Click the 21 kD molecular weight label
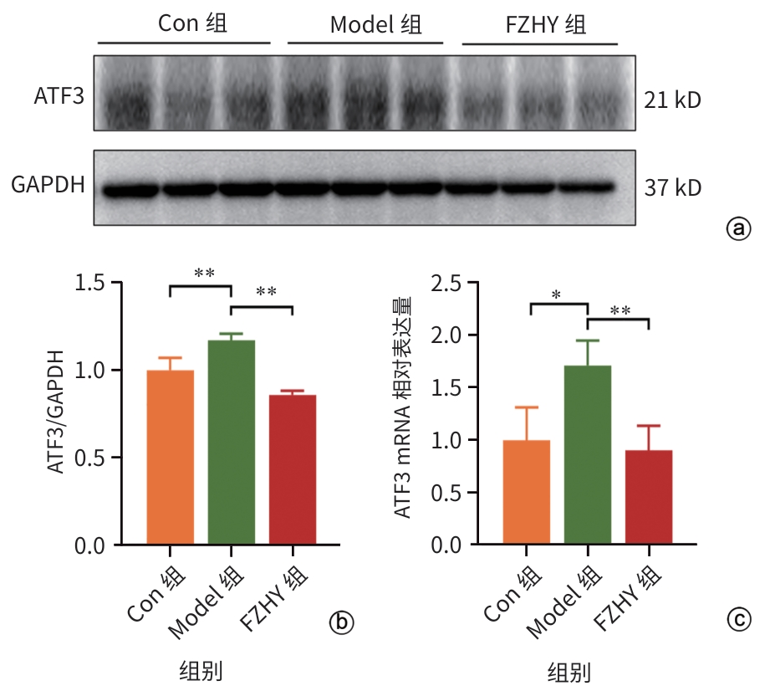(x=672, y=101)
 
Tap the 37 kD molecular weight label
(x=672, y=188)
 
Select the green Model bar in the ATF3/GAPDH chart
(x=232, y=443)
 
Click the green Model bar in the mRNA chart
(x=588, y=455)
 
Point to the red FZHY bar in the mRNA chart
(x=649, y=497)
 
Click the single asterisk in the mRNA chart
(x=557, y=295)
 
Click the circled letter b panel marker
(x=341, y=622)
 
